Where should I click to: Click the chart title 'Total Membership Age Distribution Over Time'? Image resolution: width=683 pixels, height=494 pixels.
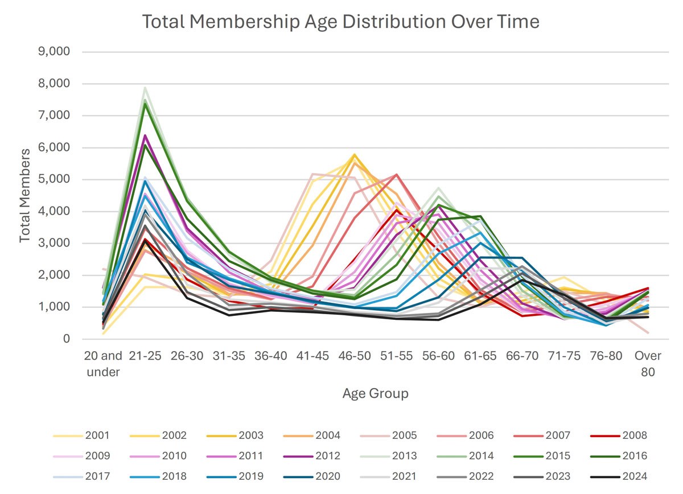point(340,22)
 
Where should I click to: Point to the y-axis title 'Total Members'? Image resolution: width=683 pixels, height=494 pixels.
point(25,195)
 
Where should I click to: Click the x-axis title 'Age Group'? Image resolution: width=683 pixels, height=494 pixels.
point(375,393)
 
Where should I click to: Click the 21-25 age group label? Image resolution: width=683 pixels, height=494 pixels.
point(145,356)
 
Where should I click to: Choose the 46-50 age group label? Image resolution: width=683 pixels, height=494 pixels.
point(354,356)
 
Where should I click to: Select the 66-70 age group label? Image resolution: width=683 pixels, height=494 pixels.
point(522,356)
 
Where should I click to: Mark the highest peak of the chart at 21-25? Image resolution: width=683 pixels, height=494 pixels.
point(145,88)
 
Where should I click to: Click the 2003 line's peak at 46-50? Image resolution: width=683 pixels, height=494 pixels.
point(354,154)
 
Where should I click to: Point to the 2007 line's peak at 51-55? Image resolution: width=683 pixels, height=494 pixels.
point(396,175)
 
